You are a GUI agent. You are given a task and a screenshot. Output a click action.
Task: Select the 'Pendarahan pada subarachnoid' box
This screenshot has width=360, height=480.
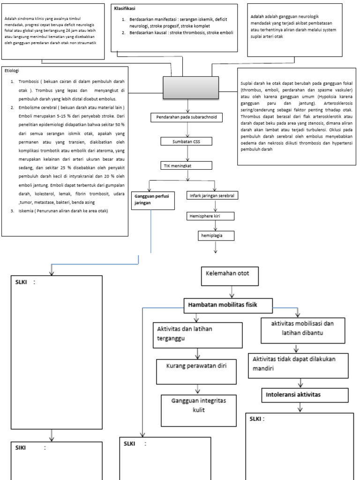point(187,118)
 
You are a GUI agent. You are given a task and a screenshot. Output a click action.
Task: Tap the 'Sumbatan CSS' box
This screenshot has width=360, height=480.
point(187,141)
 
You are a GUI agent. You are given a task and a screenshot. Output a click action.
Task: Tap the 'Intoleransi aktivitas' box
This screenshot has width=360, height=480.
point(293,395)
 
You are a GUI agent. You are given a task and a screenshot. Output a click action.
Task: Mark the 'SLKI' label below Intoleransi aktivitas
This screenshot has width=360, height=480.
point(257,419)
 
